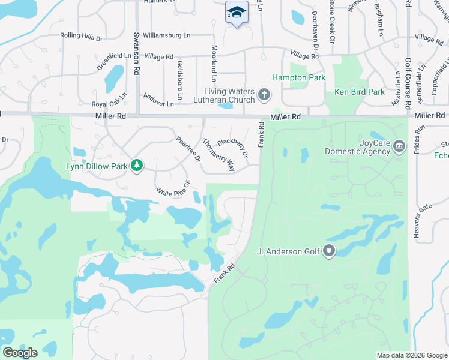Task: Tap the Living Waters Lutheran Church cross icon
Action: tap(264, 94)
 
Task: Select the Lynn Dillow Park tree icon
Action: tap(137, 164)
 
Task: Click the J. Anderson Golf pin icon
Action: tap(329, 251)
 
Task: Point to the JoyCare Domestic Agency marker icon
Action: tap(401, 146)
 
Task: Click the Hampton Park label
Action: tap(298, 78)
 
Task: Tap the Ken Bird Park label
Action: tap(359, 92)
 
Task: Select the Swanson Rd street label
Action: tap(137, 54)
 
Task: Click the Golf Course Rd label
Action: tap(408, 83)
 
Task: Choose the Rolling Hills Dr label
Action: tap(82, 36)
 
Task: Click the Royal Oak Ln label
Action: tap(106, 100)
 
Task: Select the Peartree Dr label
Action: tap(188, 149)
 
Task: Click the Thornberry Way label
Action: tap(218, 155)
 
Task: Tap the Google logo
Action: tap(20, 353)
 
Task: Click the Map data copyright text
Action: tap(412, 355)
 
